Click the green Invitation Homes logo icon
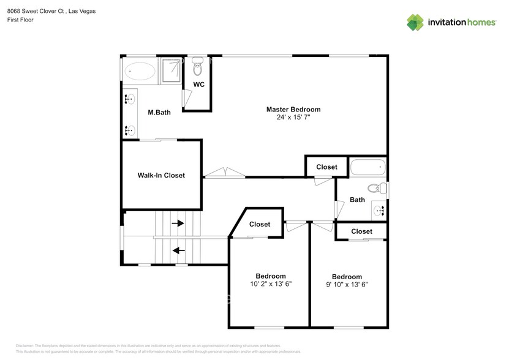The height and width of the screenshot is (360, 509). pos(415,22)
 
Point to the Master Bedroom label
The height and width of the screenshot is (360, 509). pos(293,110)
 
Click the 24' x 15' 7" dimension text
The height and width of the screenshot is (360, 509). pos(293,117)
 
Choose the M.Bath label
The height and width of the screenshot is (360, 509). pos(159,112)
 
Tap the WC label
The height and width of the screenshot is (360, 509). pos(198,84)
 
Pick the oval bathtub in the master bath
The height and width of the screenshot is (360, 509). pos(140,72)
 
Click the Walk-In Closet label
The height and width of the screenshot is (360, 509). pos(161,175)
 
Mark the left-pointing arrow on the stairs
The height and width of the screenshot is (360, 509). pos(178,250)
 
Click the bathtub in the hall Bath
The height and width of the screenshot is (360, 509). pos(368,167)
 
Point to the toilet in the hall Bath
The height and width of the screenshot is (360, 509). pos(375,188)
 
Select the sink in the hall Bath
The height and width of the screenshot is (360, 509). pos(380,210)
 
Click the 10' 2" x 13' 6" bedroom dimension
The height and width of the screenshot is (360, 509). pos(270,284)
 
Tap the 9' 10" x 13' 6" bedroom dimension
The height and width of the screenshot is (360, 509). pos(347,284)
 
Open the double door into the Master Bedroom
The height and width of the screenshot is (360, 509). pos(224,173)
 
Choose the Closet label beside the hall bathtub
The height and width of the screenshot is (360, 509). pos(326,167)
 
